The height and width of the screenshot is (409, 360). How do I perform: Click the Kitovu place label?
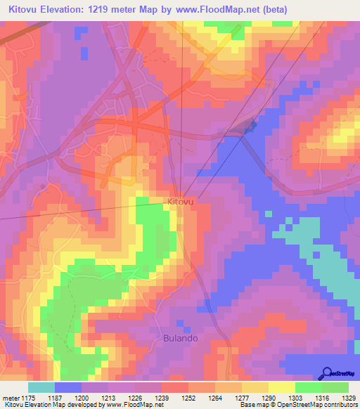click(x=180, y=202)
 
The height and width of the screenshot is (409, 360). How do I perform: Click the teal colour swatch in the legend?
click(x=41, y=387)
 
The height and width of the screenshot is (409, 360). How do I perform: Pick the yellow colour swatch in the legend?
click(x=282, y=387)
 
